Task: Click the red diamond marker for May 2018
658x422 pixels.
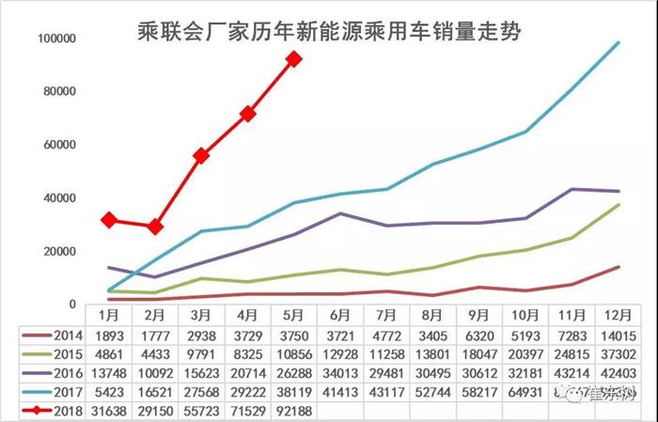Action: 293,58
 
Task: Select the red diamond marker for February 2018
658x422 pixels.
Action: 155,227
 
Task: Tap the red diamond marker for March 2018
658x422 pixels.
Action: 201,155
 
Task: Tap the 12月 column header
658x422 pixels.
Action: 618,314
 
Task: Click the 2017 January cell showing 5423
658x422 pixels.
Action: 109,390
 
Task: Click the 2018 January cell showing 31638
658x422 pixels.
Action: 109,409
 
